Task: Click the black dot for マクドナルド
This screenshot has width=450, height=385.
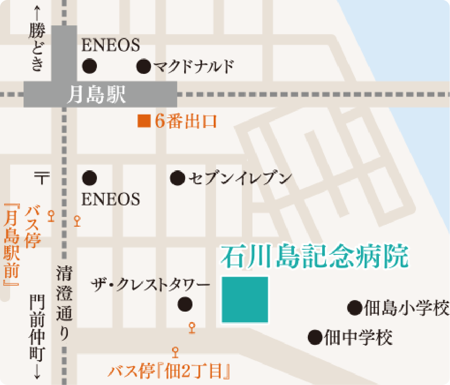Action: point(144,66)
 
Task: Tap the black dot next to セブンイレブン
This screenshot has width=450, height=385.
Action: point(177,178)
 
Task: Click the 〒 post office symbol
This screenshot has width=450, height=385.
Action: point(42,177)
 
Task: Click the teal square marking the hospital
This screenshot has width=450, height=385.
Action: point(245,300)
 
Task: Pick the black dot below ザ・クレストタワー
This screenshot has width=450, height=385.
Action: point(185,304)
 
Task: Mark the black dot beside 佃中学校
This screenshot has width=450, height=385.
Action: point(315,337)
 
